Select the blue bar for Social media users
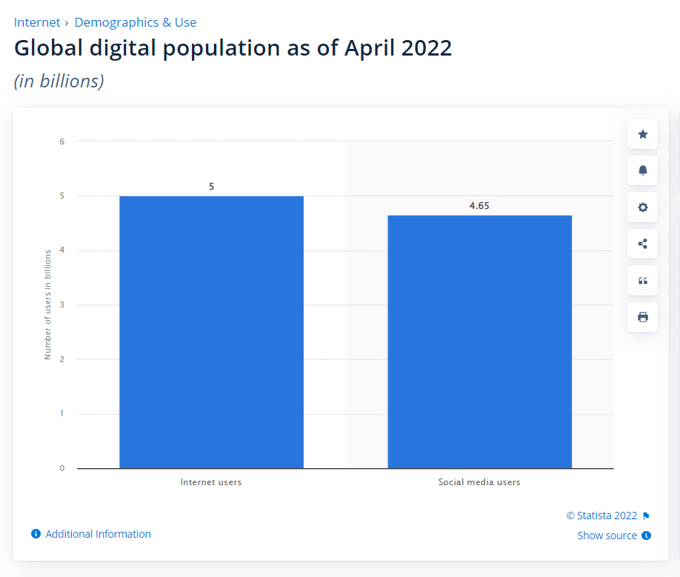point(479,341)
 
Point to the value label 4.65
point(479,206)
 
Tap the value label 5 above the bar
point(211,187)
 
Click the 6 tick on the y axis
point(62,141)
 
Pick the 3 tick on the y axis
point(62,304)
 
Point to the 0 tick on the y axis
point(62,468)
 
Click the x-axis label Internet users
point(211,482)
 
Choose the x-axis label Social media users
point(479,482)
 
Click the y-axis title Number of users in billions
point(48,304)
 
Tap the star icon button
point(642,134)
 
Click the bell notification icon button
point(642,170)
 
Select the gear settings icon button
point(642,207)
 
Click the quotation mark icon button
point(642,281)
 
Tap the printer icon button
point(642,317)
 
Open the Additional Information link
point(98,534)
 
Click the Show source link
point(607,536)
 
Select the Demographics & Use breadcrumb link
point(136,22)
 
